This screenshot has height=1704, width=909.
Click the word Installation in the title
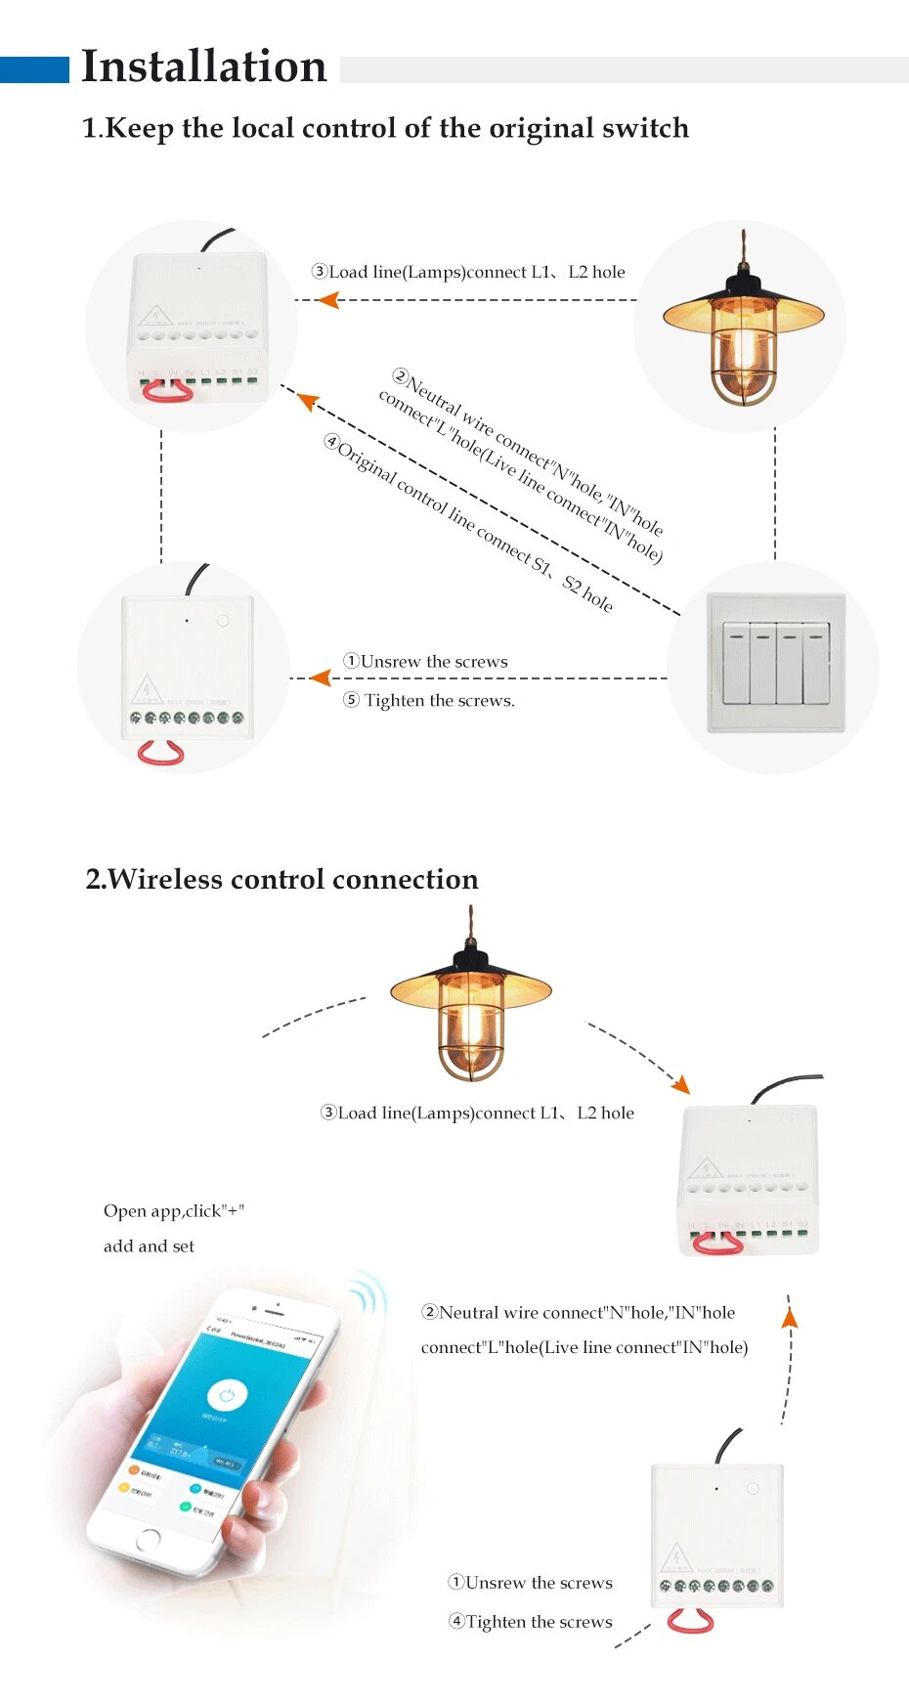203,66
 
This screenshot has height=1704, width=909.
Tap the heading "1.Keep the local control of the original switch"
385,128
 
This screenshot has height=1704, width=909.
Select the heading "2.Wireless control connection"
281,879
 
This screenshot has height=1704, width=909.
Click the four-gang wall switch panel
775,663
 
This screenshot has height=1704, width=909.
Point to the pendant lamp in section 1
743,328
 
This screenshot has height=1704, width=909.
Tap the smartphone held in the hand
210,1427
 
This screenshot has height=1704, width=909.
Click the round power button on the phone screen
227,1395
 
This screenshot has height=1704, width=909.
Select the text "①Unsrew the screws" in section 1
426,662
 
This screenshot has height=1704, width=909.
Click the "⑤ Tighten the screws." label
429,700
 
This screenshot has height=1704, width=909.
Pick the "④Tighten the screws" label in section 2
531,1622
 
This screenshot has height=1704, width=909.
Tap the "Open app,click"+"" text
174,1211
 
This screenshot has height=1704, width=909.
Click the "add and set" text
149,1246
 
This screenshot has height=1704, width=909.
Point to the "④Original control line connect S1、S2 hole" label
469,523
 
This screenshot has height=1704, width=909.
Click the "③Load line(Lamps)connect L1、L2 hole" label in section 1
468,272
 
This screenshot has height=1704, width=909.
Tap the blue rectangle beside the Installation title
34,69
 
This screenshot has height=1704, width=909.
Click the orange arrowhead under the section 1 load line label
328,300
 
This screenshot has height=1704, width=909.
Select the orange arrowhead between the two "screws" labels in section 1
320,677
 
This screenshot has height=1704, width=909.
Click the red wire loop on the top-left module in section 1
168,391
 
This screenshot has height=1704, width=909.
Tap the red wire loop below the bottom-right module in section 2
690,1622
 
